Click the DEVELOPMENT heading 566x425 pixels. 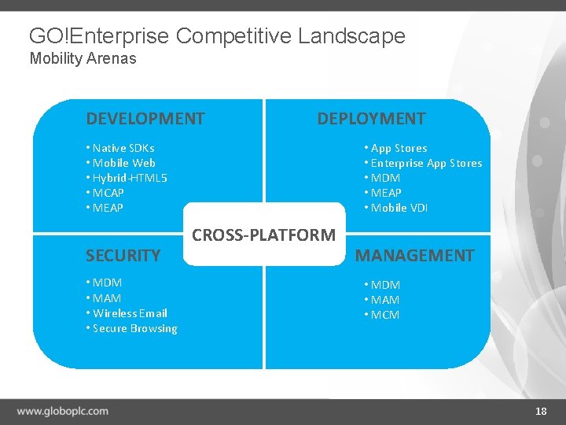pos(145,119)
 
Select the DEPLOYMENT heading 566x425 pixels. pos(371,119)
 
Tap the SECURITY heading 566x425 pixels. pos(123,255)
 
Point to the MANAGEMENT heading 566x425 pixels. pos(415,255)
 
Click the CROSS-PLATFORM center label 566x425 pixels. pos(264,235)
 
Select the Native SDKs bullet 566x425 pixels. pos(123,148)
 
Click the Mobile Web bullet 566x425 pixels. pos(123,163)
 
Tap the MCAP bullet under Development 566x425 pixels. pos(108,193)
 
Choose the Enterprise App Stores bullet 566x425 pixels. pos(426,163)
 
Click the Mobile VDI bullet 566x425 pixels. pos(399,208)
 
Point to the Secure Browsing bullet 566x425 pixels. pos(134,328)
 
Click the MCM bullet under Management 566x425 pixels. pos(384,315)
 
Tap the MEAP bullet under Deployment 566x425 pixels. pos(386,193)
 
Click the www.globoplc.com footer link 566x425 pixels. pos(63,411)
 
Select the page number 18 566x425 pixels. pos(541,411)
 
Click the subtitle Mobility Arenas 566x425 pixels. pos(83,58)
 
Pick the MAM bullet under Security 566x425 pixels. pos(107,298)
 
